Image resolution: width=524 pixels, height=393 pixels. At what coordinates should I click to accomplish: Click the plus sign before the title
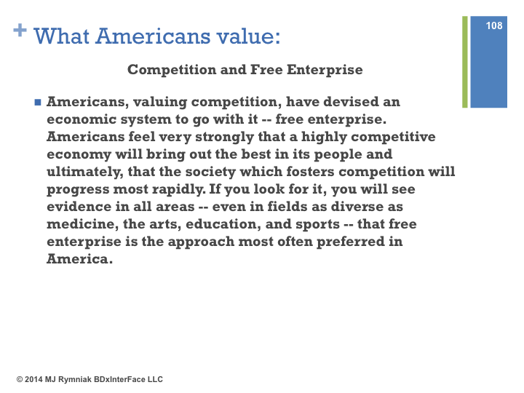20,30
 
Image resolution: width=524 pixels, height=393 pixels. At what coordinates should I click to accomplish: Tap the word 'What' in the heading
61,36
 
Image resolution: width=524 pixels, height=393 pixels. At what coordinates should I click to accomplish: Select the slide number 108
494,25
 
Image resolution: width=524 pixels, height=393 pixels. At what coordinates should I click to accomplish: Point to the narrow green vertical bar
465,62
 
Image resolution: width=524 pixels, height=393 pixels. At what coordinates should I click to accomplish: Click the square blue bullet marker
38,102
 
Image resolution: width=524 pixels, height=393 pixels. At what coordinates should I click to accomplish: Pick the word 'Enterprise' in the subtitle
325,70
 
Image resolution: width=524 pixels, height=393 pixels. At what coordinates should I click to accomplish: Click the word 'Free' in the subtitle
266,70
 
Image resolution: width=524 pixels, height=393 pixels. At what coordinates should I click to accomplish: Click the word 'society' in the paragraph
210,172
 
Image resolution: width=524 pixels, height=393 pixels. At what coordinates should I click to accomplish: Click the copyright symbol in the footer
20,379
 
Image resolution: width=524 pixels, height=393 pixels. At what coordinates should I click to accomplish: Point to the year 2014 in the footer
33,379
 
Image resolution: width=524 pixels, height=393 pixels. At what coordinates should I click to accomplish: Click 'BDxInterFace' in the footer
119,379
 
